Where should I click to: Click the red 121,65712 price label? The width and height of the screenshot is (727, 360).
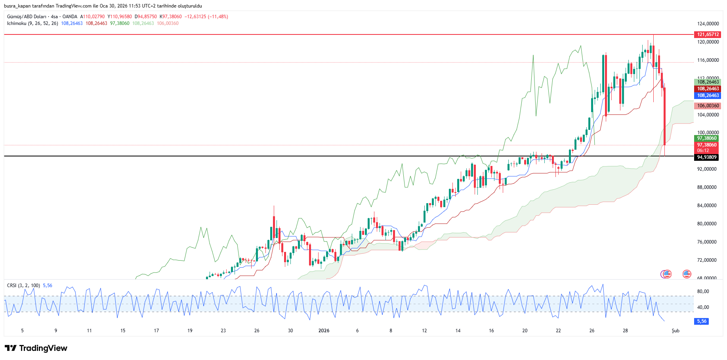point(708,34)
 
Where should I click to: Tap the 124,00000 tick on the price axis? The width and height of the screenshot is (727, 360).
point(708,24)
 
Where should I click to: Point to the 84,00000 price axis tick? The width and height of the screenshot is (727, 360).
point(707,206)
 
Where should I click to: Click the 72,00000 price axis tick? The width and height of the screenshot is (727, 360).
point(707,260)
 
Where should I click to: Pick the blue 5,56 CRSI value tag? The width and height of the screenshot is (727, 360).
point(702,321)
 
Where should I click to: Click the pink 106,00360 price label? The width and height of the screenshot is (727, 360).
point(708,106)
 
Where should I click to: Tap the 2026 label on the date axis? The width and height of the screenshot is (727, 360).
point(324,331)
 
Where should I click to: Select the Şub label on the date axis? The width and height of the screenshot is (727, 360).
point(675,331)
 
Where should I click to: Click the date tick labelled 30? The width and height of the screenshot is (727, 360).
point(290,331)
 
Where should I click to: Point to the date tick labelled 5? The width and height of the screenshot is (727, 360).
point(22,331)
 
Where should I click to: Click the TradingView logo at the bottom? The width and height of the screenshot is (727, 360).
point(36,348)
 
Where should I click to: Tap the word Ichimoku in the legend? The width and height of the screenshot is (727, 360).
point(17,23)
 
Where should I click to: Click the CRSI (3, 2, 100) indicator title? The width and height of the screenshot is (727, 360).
point(23,286)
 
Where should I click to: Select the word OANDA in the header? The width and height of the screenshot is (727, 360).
point(70,17)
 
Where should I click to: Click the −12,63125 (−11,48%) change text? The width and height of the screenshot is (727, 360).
point(206,17)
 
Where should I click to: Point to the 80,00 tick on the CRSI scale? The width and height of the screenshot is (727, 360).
point(703,291)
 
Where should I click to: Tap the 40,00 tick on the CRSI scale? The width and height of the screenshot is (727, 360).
point(703,307)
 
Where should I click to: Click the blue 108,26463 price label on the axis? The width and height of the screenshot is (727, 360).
point(708,95)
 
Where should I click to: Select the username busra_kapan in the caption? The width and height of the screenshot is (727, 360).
point(17,6)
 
